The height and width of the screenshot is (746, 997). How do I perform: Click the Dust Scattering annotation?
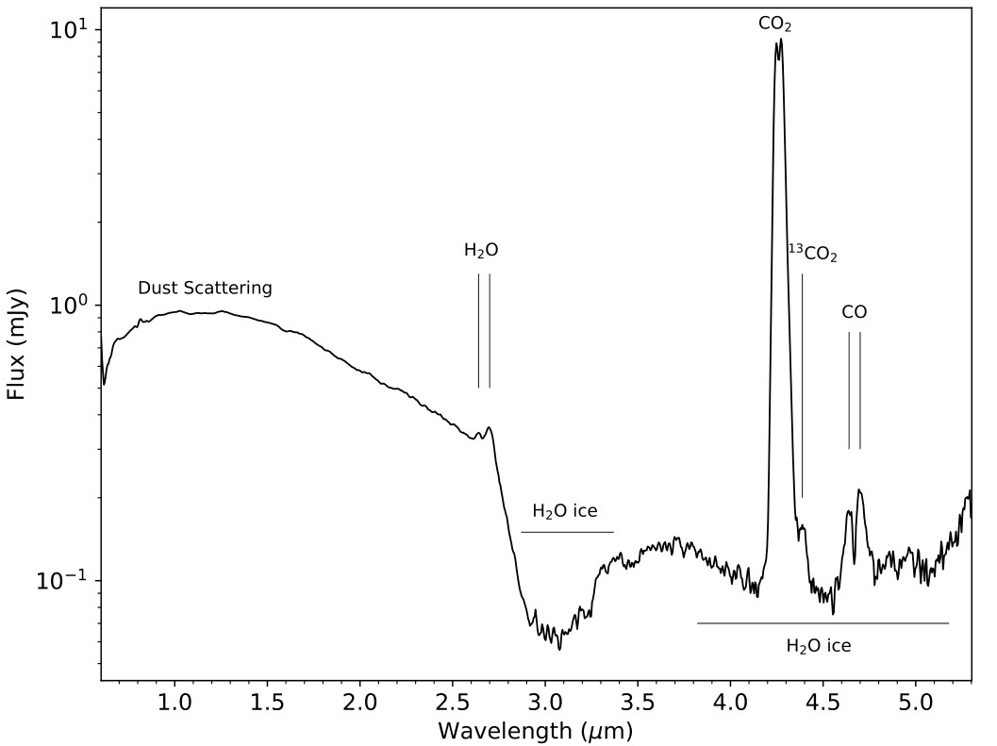point(205,289)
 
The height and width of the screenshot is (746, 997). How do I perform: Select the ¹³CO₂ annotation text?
point(813,254)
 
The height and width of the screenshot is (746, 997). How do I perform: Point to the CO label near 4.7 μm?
point(855,312)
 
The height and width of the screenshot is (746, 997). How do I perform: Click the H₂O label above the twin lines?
point(481,251)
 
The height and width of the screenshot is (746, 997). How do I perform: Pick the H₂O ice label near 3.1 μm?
point(565,512)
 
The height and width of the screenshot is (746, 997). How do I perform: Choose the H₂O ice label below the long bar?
point(819,646)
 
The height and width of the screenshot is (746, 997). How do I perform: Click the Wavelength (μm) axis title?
point(535,730)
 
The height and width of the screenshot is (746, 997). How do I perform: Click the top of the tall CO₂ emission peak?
point(781,40)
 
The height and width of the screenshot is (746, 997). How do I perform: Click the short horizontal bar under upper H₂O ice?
point(567,532)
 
